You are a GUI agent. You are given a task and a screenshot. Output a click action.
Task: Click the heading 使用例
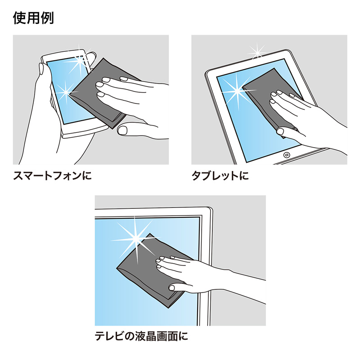click(x=33, y=18)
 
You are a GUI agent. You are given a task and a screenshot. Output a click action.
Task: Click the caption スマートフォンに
click(x=52, y=175)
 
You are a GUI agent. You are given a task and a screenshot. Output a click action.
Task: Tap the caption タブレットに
click(x=220, y=175)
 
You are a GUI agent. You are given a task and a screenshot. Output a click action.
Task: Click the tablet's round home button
click(x=287, y=155)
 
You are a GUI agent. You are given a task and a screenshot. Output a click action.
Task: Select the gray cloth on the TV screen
click(x=144, y=270)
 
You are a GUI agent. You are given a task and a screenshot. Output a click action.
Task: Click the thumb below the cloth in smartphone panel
click(x=123, y=130)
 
